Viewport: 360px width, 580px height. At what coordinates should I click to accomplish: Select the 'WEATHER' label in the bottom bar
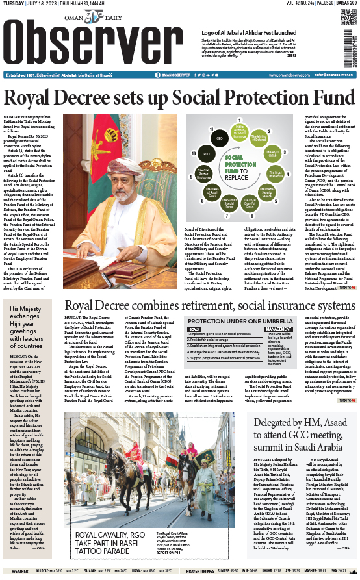(20, 571)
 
